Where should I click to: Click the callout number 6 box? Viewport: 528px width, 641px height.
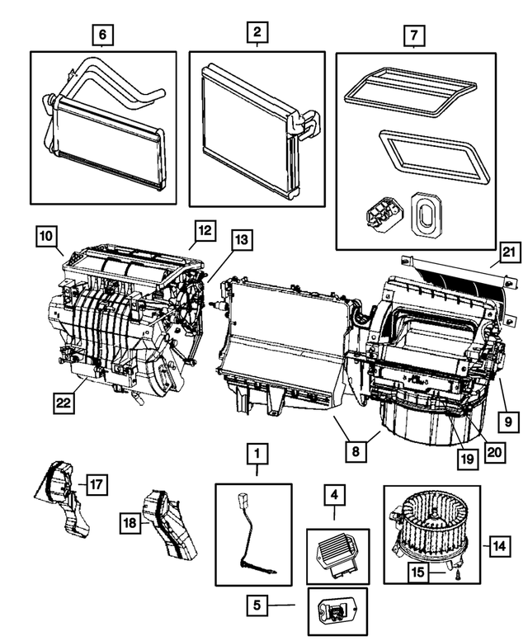pos(102,35)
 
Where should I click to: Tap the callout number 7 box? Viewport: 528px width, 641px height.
pos(412,36)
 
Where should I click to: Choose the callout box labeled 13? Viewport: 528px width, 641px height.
pos(240,241)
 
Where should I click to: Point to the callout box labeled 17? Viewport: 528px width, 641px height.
pos(97,484)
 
